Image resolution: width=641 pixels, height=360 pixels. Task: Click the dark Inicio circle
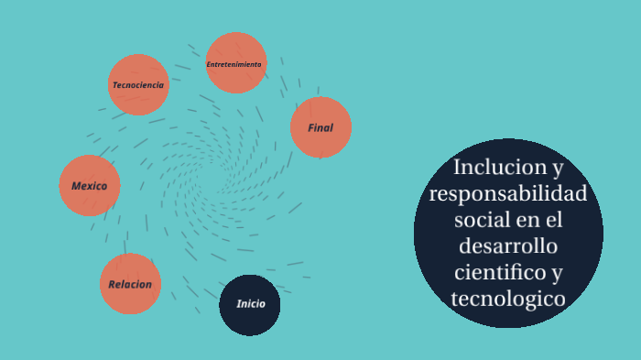pos(250,305)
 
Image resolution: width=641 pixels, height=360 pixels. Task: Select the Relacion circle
pos(130,284)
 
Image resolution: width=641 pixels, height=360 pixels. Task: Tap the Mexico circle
pos(90,186)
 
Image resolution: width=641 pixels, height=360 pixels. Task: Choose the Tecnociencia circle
pos(138,85)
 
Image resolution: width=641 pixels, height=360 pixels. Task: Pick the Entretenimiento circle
pos(235,62)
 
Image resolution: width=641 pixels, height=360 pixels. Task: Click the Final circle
pos(320,127)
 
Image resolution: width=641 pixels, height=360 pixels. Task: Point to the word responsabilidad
pos(508,194)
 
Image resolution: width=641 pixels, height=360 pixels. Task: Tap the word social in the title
pos(484,221)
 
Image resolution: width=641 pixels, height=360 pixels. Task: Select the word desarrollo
pos(508,246)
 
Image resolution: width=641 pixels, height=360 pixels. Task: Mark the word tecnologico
pos(508,299)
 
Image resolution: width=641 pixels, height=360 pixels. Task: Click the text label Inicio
pos(250,304)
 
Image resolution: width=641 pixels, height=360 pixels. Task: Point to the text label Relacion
pos(130,285)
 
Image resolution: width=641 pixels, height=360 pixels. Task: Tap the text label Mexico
pos(90,186)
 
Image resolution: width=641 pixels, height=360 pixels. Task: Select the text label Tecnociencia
pos(138,85)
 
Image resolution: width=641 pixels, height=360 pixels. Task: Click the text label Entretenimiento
pos(234,65)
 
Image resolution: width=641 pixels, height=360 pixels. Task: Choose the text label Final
pos(320,128)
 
